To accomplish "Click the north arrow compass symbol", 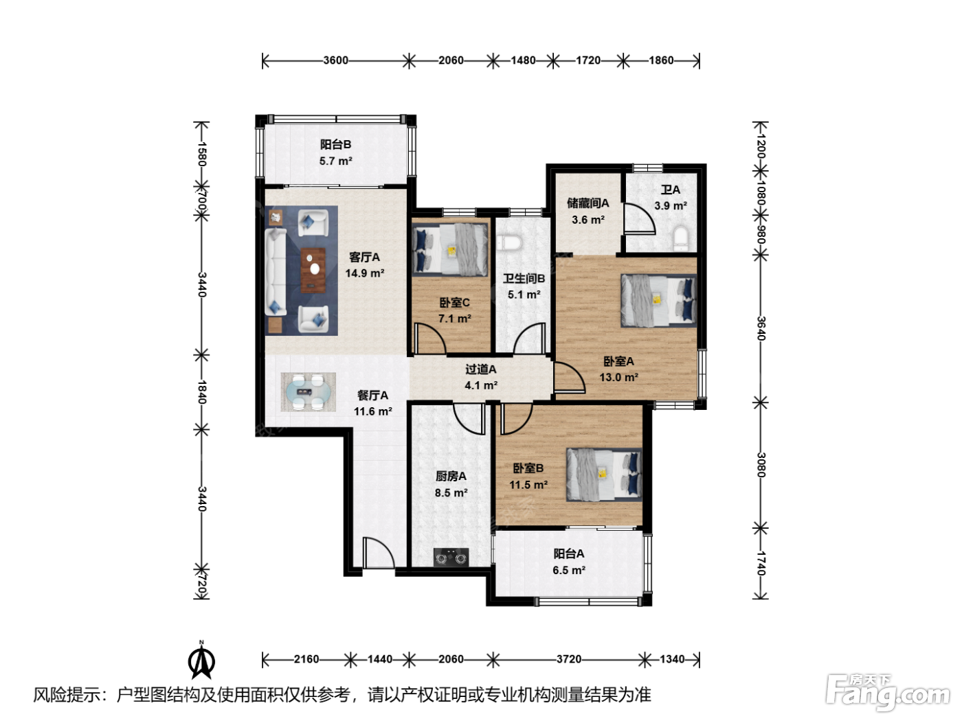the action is [201, 660].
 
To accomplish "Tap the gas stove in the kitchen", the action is [451, 558].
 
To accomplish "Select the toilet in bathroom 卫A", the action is [681, 238].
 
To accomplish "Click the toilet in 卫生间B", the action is [509, 242].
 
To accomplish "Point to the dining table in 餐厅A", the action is [308, 392].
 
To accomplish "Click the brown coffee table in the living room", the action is [313, 270].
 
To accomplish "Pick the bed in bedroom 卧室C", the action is [450, 250].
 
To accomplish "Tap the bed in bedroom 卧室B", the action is [604, 474].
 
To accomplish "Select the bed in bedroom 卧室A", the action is [658, 300].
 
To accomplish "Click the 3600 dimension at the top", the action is [336, 60].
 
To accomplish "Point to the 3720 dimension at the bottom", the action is [569, 659].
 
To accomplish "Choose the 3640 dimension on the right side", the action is [761, 328].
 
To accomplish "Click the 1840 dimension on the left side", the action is [201, 392].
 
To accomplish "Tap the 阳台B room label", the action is [336, 144].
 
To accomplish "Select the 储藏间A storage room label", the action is [588, 203].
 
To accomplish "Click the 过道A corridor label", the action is [481, 369].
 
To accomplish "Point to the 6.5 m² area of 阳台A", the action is [569, 571].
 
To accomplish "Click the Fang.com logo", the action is [888, 691].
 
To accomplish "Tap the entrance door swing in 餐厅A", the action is [379, 552].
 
